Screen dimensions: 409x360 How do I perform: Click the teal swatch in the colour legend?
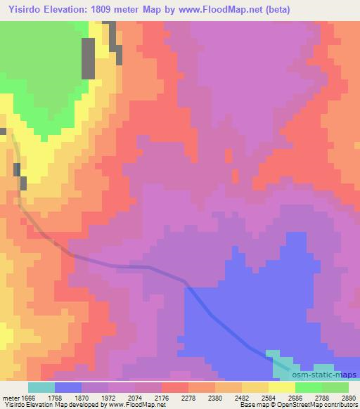[x=41, y=387]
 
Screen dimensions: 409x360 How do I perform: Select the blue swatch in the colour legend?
[x=68, y=387]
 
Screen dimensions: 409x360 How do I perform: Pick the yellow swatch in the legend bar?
[x=282, y=387]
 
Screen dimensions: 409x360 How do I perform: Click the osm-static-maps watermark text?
[x=326, y=375]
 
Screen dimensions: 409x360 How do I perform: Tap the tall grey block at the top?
[x=89, y=58]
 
